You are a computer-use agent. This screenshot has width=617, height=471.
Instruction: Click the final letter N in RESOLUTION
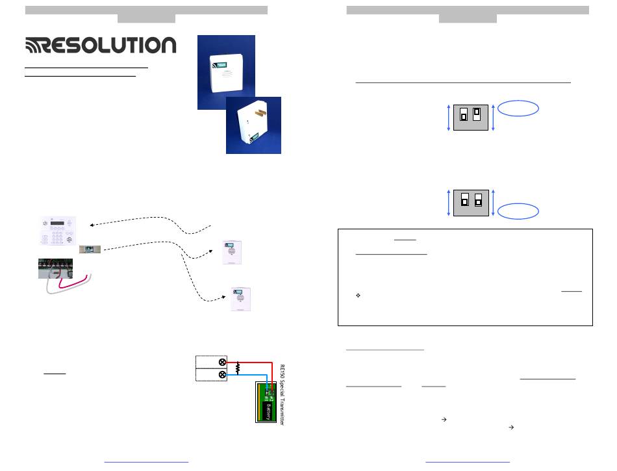[x=166, y=45]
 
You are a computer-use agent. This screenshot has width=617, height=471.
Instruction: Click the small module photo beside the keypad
[x=88, y=249]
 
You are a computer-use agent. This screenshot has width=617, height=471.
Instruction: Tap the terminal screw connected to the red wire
[x=223, y=362]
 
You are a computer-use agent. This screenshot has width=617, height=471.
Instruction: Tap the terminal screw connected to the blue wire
[x=223, y=375]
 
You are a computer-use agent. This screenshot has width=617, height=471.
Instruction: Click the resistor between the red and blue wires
[x=238, y=368]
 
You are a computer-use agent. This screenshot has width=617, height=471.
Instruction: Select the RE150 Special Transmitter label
[x=282, y=395]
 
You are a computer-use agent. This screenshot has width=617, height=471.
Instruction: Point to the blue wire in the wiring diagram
[x=250, y=375]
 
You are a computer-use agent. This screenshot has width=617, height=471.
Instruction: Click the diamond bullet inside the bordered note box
[x=358, y=296]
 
